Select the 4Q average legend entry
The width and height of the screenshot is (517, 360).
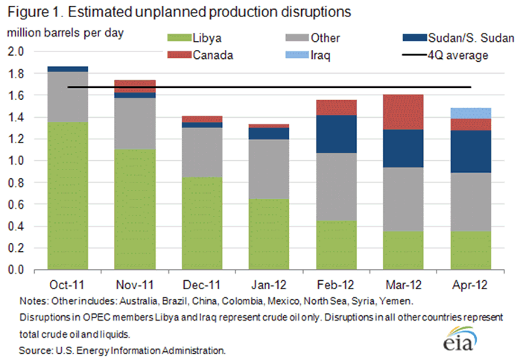440,54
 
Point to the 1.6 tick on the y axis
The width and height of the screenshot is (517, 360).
16,95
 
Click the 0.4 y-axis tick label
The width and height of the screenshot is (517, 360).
16,226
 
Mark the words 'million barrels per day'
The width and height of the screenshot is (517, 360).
66,32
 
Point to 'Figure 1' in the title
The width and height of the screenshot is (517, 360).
33,13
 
